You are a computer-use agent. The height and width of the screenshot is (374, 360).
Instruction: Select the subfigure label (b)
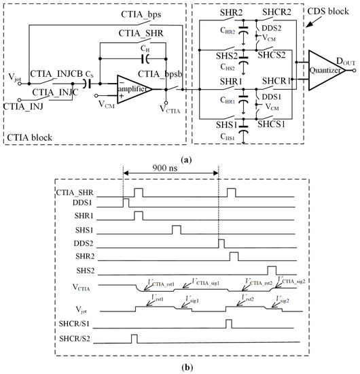pos(179,368)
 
